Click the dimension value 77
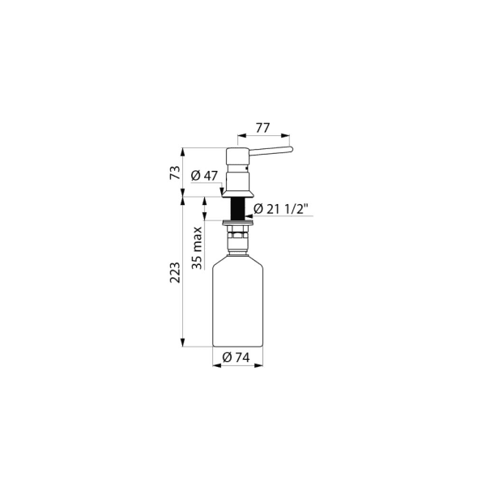pyautogui.click(x=262, y=128)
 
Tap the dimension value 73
pyautogui.click(x=175, y=173)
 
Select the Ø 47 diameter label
pyautogui.click(x=205, y=176)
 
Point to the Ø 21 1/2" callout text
pyautogui.click(x=281, y=209)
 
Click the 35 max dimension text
pyautogui.click(x=197, y=248)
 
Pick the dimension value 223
pyautogui.click(x=175, y=272)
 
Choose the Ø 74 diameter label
pyautogui.click(x=237, y=358)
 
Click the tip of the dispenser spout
pyautogui.click(x=292, y=149)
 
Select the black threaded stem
pyautogui.click(x=238, y=209)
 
